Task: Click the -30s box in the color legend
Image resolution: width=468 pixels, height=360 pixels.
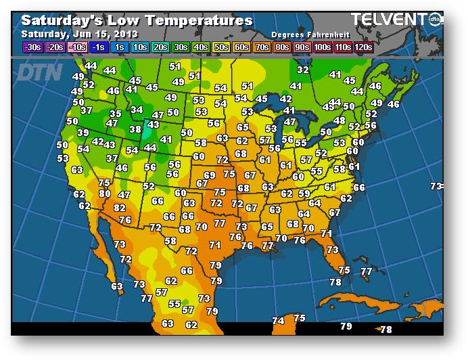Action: (32, 47)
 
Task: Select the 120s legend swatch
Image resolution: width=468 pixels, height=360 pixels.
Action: (363, 47)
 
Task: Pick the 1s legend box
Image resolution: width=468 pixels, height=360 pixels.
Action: (120, 47)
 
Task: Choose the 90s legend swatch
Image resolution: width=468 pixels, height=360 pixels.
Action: (301, 47)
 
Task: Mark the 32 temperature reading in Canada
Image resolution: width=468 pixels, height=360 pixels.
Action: (303, 70)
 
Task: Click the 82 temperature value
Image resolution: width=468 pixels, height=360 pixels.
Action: (120, 208)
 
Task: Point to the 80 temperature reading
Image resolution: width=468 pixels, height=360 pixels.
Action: (104, 194)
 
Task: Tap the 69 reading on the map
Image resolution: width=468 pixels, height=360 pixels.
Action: (210, 175)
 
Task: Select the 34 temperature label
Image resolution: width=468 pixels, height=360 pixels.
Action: (137, 110)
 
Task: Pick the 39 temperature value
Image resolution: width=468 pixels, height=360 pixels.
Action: (83, 133)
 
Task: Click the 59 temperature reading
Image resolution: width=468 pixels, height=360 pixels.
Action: (304, 194)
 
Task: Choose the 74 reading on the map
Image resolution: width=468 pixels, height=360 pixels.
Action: (278, 320)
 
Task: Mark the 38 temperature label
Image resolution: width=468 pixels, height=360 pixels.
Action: (135, 129)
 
